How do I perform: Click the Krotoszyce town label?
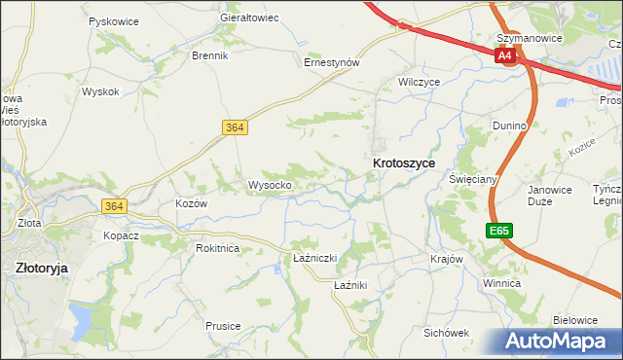[x=403, y=164]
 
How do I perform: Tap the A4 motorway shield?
[x=504, y=56]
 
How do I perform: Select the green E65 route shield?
[x=498, y=231]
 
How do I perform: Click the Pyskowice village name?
[x=112, y=20]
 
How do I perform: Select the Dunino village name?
[x=510, y=126]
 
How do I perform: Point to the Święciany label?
[x=473, y=179]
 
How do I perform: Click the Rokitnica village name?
[x=217, y=248]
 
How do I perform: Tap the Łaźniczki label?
[x=314, y=258]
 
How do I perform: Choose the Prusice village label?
[x=223, y=326]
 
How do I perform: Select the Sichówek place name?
[x=447, y=332]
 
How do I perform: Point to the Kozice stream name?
[x=581, y=150]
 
